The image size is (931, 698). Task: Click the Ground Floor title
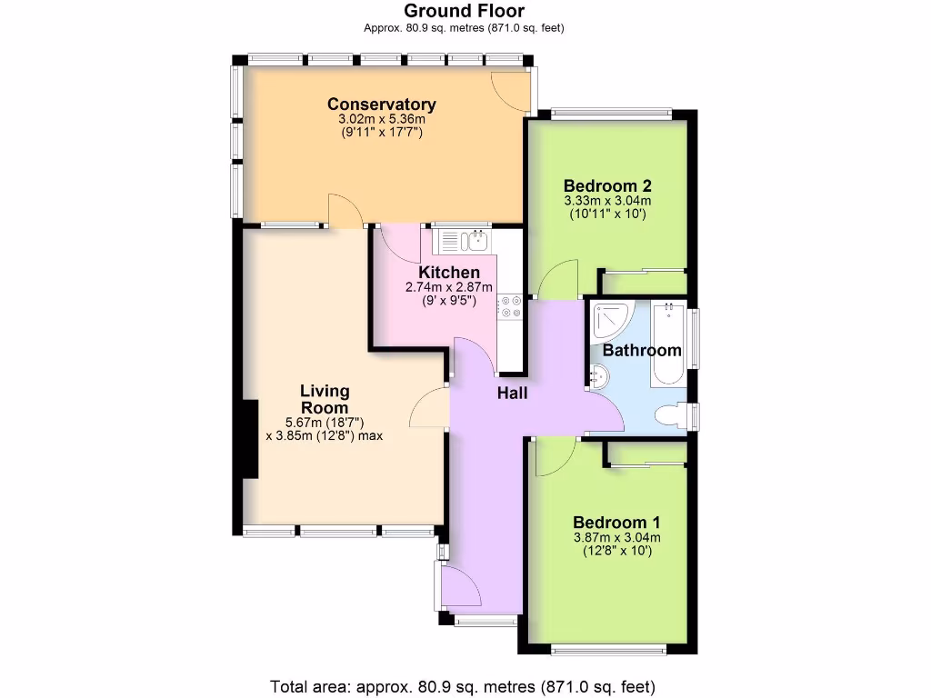tap(464, 11)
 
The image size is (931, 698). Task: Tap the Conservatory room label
tap(382, 105)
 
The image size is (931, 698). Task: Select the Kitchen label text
tap(449, 273)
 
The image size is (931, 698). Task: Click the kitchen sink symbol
tap(465, 241)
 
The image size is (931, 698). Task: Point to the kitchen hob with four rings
tap(510, 307)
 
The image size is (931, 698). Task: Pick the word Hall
tap(512, 394)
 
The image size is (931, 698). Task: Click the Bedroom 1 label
tap(616, 523)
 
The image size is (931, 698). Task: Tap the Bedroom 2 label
tap(608, 185)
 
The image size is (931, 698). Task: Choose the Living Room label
tap(325, 400)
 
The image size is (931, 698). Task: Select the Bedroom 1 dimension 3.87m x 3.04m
tap(616, 537)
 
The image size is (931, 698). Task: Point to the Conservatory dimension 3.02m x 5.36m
tap(382, 119)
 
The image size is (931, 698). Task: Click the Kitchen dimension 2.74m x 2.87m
tap(449, 287)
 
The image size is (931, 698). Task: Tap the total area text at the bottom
tap(463, 685)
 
